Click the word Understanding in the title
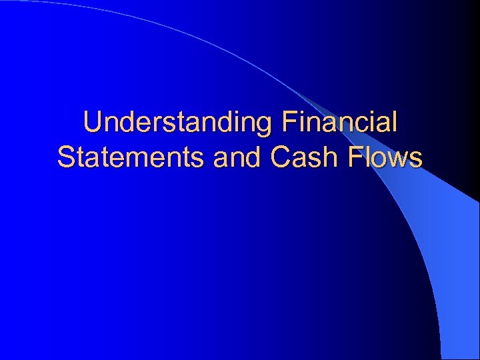pos(178,123)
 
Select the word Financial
pos(340,123)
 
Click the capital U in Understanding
pos(92,123)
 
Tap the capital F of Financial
pos(288,123)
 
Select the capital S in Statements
pos(65,158)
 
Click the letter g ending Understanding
pos(265,127)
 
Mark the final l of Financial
pos(395,123)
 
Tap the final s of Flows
pos(415,160)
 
